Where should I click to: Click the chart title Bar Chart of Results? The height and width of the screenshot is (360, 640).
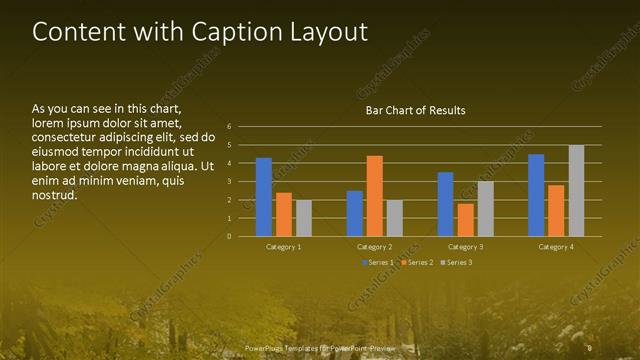[x=413, y=110]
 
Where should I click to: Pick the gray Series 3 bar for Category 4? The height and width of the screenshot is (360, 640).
[x=576, y=191]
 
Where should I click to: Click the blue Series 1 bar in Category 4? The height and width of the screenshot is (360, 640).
[x=536, y=195]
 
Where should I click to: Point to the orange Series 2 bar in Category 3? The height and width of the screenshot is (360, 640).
[x=465, y=220]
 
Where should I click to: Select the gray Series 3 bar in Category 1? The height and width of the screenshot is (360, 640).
[x=304, y=218]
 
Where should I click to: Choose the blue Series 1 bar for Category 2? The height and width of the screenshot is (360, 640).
[x=355, y=213]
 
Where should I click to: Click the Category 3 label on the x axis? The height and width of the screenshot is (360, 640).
[x=465, y=246]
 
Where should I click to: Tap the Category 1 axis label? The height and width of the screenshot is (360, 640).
[x=284, y=246]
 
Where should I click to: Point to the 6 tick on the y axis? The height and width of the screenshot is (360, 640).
[x=230, y=127]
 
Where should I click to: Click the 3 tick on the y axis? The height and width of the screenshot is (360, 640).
[x=230, y=182]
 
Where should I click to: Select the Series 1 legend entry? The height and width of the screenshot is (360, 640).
[x=377, y=262]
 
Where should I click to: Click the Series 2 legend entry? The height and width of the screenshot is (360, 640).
[x=416, y=262]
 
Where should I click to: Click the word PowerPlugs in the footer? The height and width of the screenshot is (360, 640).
[x=267, y=348]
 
